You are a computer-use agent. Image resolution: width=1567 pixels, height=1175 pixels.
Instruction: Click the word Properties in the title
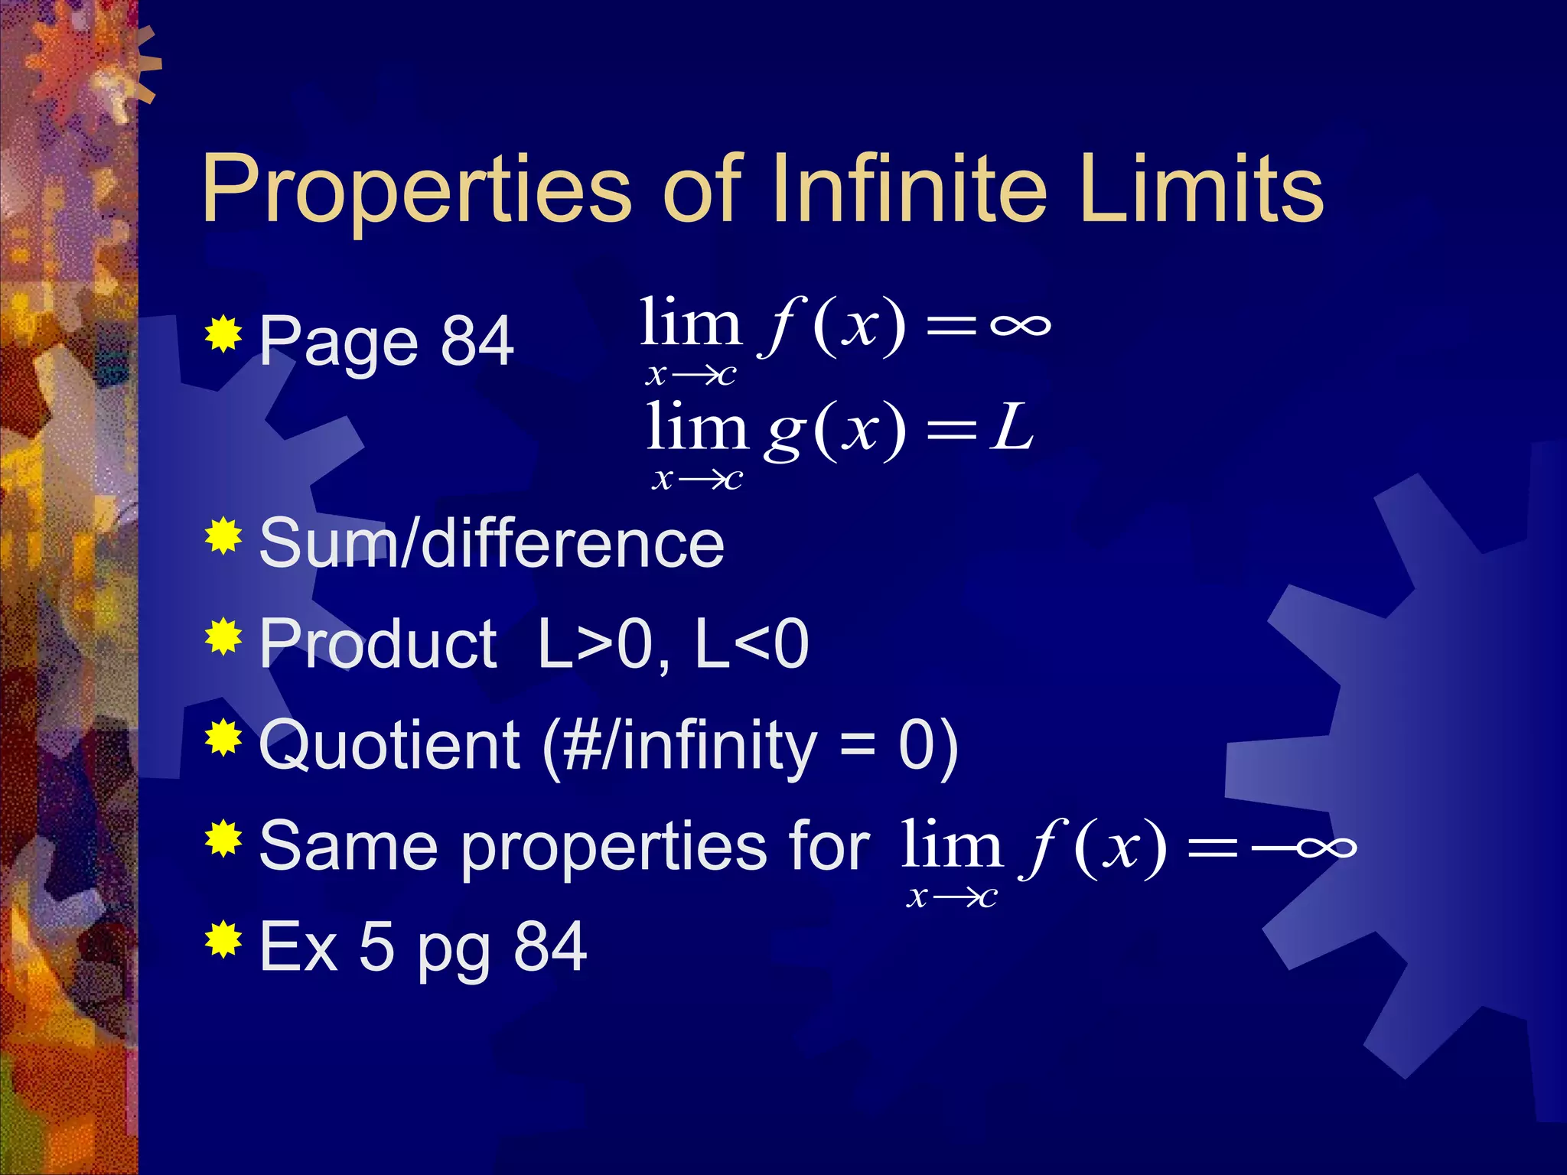pyautogui.click(x=416, y=190)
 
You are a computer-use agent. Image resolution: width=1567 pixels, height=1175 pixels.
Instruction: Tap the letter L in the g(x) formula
pyautogui.click(x=1012, y=428)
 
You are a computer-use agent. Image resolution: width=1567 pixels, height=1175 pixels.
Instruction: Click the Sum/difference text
pyautogui.click(x=491, y=543)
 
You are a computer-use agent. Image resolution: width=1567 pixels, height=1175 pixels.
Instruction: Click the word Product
pyautogui.click(x=378, y=644)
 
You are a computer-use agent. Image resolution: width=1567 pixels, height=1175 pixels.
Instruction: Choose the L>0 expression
pyautogui.click(x=594, y=644)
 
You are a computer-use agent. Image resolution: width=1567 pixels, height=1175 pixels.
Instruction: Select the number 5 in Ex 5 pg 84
pyautogui.click(x=376, y=947)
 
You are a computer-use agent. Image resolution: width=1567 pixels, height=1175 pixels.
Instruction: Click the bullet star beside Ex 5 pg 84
pyautogui.click(x=223, y=939)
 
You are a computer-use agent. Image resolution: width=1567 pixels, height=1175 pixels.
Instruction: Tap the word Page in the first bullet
pyautogui.click(x=338, y=343)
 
